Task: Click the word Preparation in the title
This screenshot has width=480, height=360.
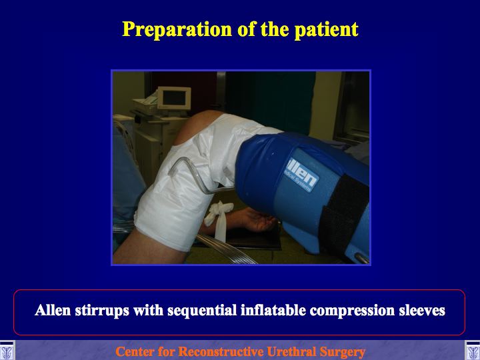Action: (177, 30)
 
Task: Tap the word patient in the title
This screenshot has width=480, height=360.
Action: (326, 30)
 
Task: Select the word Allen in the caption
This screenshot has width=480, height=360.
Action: (53, 310)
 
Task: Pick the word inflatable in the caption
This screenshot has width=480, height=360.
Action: (273, 310)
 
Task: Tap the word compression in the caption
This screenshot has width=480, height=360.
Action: (352, 311)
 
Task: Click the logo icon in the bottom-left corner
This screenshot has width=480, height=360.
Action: (7, 351)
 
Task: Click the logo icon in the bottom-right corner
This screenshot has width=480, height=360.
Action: (473, 351)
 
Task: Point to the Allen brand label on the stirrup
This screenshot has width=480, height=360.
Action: (301, 175)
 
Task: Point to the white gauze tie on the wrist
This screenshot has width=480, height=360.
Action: (218, 219)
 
